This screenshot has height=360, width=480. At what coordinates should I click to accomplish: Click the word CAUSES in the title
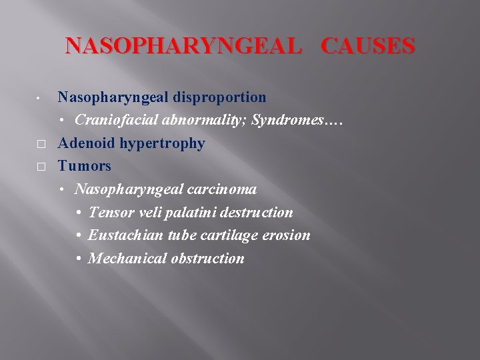(368, 46)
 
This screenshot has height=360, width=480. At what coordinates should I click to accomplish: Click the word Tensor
(109, 213)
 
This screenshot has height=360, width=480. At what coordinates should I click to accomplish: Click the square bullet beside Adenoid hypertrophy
(41, 144)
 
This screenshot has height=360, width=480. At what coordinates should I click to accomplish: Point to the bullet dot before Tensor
(79, 213)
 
